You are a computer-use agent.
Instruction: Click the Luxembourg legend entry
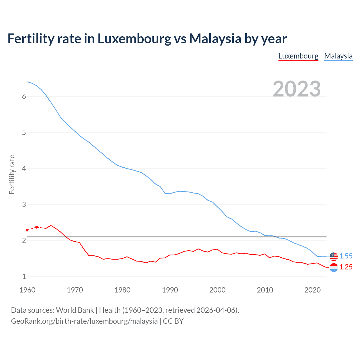point(298,56)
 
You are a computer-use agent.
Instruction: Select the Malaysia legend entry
point(338,56)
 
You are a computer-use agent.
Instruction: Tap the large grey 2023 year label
point(297,89)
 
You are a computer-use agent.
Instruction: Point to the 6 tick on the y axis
point(24,97)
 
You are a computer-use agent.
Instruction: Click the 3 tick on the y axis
point(24,205)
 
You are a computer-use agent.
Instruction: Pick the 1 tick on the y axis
point(24,277)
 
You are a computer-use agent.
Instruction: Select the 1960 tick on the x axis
point(27,290)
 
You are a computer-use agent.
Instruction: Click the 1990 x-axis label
point(170,290)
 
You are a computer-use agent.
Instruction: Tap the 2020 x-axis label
point(312,290)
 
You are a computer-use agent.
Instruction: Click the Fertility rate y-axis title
point(12,174)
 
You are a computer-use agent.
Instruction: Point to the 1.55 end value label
point(346,256)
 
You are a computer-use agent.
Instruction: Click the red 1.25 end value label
point(346,267)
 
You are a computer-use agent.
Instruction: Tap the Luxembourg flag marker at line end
point(334,267)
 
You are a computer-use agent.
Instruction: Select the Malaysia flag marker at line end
point(334,256)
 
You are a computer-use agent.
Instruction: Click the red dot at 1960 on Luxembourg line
point(27,230)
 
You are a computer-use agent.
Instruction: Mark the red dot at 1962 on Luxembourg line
point(37,227)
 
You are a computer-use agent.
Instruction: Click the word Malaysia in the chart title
point(215,39)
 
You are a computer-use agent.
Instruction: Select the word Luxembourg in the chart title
point(134,39)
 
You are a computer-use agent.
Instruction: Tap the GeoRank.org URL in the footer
point(84,321)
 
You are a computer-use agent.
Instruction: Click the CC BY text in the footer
point(173,321)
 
